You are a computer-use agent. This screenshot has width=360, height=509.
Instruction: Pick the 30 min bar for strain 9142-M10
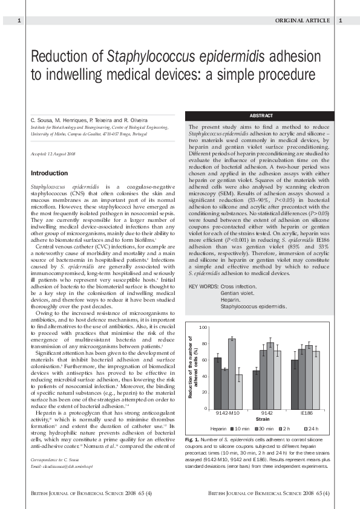point(224,389)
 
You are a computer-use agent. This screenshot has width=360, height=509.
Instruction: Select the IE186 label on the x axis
point(307,412)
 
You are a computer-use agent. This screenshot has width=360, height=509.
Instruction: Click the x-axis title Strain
point(263,418)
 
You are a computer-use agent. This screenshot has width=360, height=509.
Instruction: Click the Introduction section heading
point(50,173)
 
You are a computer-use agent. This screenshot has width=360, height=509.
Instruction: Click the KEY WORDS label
point(204,285)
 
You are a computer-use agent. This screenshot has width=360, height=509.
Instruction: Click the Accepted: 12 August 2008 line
point(53,155)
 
